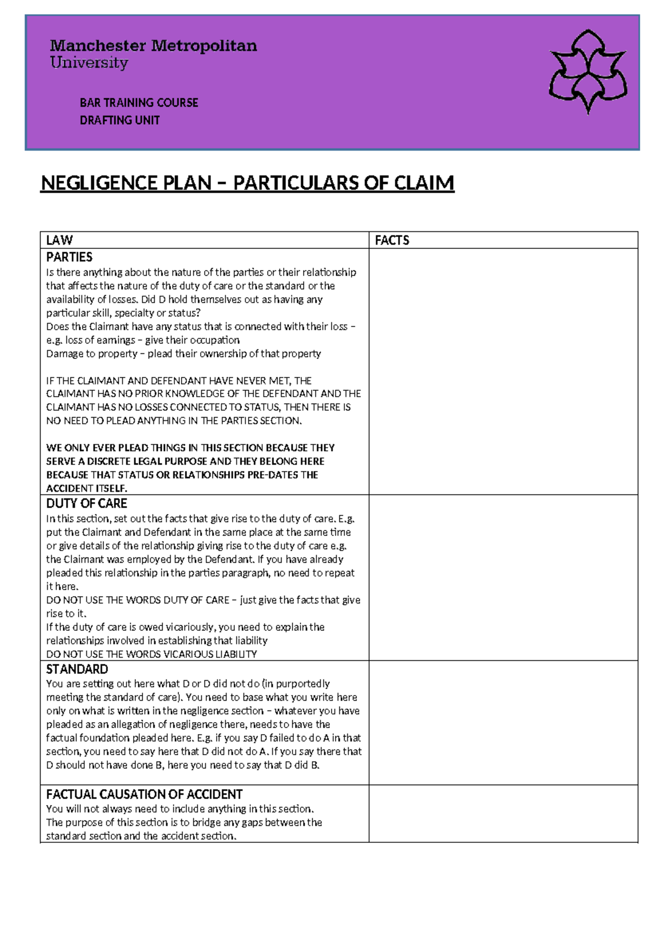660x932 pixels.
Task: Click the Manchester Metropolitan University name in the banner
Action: tap(153, 53)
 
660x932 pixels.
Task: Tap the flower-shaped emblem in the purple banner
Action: tap(587, 72)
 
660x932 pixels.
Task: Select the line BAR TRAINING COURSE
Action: tap(139, 103)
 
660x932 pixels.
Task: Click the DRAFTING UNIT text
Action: tap(119, 120)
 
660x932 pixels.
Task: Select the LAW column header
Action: tap(59, 240)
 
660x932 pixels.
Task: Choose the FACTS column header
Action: tap(392, 240)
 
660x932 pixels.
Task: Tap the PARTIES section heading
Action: tap(69, 257)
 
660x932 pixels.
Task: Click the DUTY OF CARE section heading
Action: tap(86, 503)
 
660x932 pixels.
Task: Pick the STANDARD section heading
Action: tap(77, 669)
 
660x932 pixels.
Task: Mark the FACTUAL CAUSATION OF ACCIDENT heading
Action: tap(144, 794)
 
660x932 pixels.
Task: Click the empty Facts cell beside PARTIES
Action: tap(503, 371)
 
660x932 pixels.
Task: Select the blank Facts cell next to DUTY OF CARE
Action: tap(503, 577)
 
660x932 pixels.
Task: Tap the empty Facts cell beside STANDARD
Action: tap(503, 722)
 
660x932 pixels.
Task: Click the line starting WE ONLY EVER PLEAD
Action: tap(190, 448)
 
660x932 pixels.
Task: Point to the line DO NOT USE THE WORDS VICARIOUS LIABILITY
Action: tap(151, 654)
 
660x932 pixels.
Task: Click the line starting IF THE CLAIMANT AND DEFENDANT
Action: tap(179, 380)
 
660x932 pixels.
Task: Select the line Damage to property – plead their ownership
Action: tap(183, 353)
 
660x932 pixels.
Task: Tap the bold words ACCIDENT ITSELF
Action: tap(86, 488)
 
